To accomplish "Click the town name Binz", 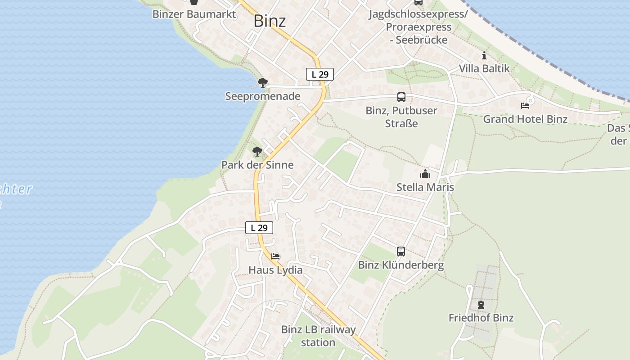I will coord(270,21).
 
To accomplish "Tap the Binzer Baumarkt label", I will coord(194,14).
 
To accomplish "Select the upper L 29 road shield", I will coord(320,74).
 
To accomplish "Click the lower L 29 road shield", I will coord(259,228).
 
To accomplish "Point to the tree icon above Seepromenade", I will coord(263,83).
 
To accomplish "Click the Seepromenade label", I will coord(263,96).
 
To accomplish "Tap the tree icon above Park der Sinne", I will coord(257,152).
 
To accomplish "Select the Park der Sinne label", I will coord(257,165).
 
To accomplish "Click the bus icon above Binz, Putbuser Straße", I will coord(401,97).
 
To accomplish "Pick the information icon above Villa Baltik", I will coord(484,56).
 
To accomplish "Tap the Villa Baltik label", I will coord(484,68).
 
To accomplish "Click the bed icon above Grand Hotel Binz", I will coord(525,106).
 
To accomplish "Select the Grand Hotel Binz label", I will coord(525,119).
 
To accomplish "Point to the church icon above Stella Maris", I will coord(425,174).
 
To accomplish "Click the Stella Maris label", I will coord(425,187).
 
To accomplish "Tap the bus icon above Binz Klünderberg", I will coord(401,252).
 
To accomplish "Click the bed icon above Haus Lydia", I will coord(275,256).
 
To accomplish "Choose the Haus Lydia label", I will coord(275,270).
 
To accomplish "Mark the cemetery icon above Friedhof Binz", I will coord(481,305).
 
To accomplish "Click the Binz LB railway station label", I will coord(318,336).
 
